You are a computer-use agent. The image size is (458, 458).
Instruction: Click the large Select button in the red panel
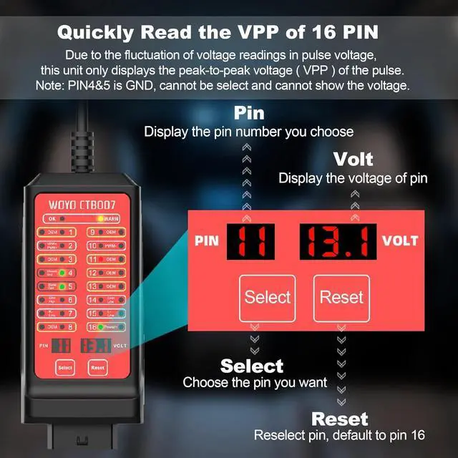pos(268,297)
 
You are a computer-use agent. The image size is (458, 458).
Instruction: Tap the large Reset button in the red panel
pos(341,297)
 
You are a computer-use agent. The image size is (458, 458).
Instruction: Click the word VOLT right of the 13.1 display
pos(399,241)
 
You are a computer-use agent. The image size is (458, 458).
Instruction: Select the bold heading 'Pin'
pos(249,113)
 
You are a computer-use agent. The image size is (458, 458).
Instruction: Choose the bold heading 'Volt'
pos(354,159)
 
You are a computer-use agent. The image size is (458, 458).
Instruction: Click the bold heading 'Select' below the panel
pos(252,366)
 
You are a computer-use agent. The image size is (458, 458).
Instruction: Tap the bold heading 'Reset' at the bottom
pos(339,419)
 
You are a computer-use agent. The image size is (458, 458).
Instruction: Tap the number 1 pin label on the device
pos(72,232)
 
